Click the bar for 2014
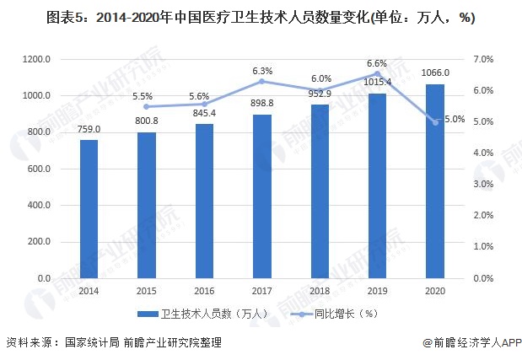click(x=89, y=208)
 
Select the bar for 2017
click(x=261, y=196)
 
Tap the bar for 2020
click(x=434, y=180)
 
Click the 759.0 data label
click(x=89, y=129)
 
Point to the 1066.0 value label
click(x=434, y=73)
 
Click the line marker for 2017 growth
click(x=261, y=81)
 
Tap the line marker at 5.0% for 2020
click(x=435, y=122)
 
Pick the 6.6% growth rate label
click(x=376, y=63)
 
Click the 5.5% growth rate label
click(x=147, y=96)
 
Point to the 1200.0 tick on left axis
click(x=38, y=59)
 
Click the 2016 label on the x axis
click(x=204, y=290)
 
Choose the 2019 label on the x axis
click(x=377, y=290)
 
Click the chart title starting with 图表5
click(x=261, y=17)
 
